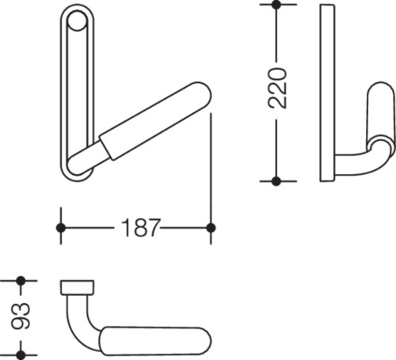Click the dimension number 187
click(x=140, y=228)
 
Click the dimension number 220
click(x=277, y=88)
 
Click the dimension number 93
click(x=21, y=316)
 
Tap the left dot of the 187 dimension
click(x=61, y=228)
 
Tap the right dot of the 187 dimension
click(x=211, y=228)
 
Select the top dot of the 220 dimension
click(x=276, y=5)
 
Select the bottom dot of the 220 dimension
click(x=276, y=181)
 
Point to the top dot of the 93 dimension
click(x=21, y=281)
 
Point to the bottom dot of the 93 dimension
click(x=21, y=355)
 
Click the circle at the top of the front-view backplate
click(x=77, y=21)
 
